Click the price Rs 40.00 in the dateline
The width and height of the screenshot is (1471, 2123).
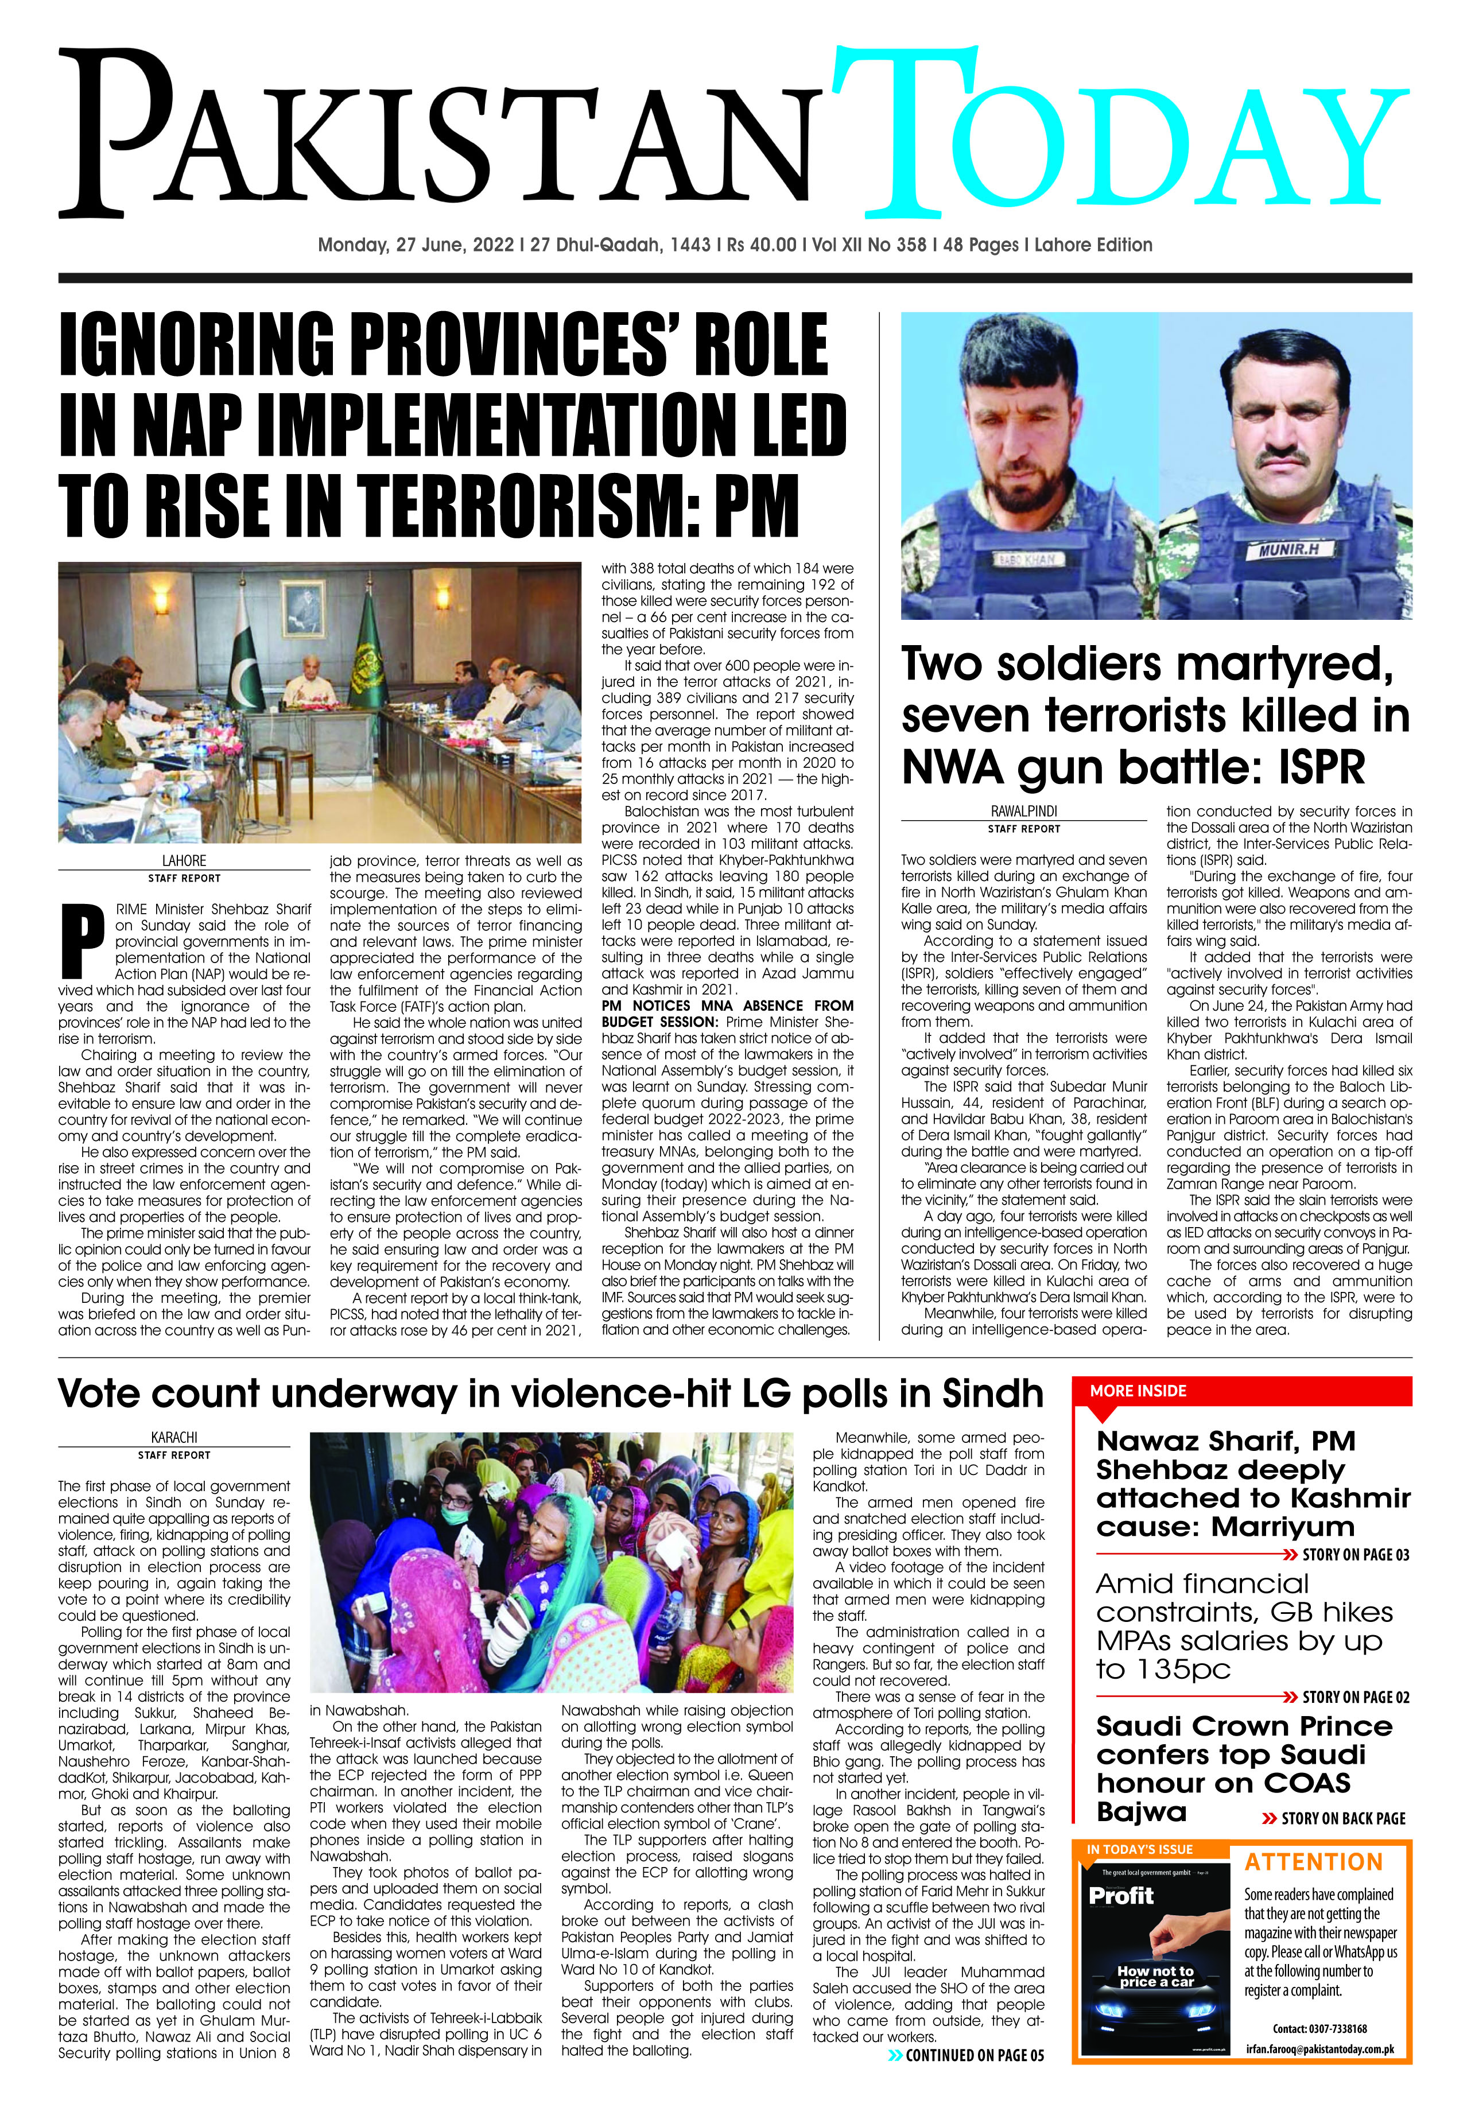[x=761, y=245]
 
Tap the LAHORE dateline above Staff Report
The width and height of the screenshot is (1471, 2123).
[x=184, y=861]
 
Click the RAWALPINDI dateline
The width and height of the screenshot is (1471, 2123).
[x=1024, y=812]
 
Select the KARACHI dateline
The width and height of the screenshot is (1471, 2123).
[x=174, y=1438]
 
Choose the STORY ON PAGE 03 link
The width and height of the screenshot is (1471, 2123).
[x=1355, y=1554]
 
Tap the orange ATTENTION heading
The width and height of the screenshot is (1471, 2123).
[x=1313, y=1862]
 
